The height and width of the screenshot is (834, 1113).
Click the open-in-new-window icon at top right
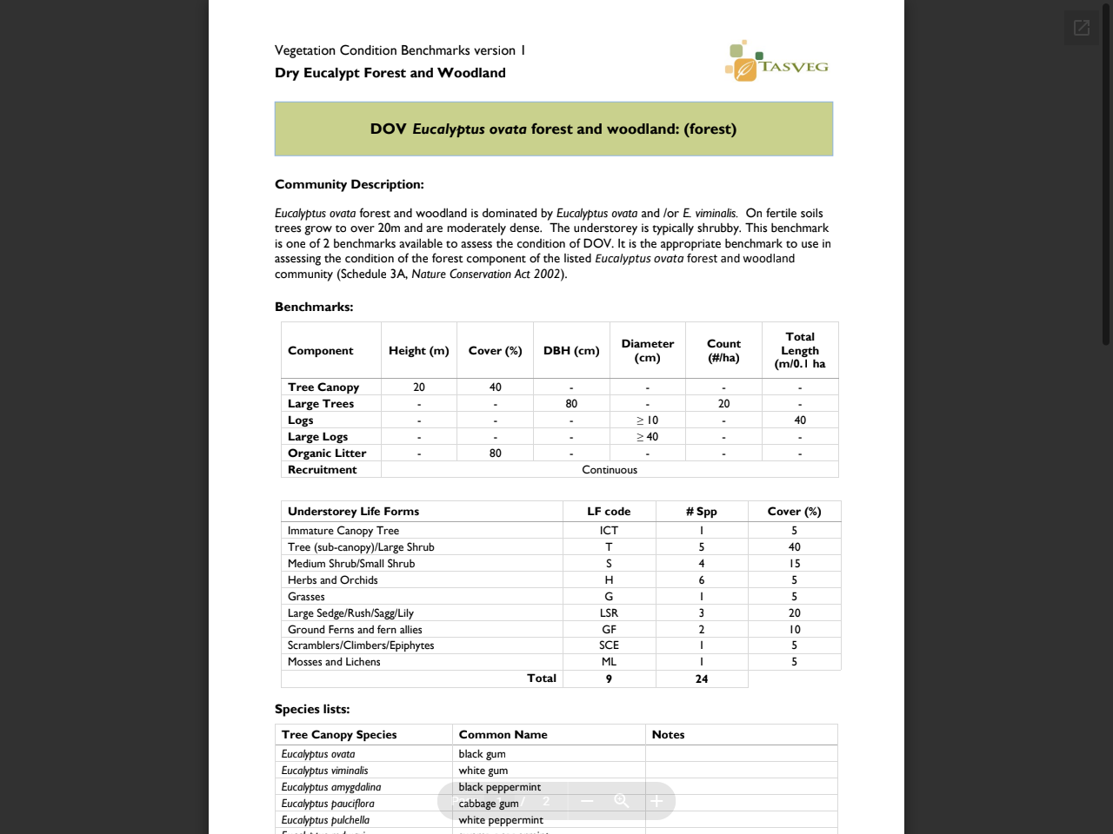[x=1081, y=28]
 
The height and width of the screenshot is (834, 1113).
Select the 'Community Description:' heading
[x=350, y=184]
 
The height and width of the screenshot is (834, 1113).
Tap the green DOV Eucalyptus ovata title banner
[x=553, y=129]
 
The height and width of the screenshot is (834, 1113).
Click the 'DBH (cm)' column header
[x=571, y=351]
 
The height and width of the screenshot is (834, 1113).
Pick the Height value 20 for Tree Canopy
[x=419, y=387]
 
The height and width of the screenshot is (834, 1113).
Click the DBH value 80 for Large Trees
[x=571, y=404]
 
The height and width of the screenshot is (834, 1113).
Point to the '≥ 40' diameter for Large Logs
[x=647, y=437]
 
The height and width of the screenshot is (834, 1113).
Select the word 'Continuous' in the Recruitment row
[x=610, y=470]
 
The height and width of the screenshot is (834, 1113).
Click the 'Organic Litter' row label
[x=327, y=453]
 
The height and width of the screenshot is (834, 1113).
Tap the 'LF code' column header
[x=609, y=512]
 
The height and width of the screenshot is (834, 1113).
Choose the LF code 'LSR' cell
[x=609, y=613]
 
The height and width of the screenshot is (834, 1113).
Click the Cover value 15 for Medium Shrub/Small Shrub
[x=794, y=564]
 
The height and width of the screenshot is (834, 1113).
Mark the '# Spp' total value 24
[x=702, y=679]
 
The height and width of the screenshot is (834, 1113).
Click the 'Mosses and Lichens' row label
[x=334, y=662]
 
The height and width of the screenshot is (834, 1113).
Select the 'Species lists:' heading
[x=312, y=709]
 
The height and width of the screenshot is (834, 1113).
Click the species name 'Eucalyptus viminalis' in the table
[x=324, y=771]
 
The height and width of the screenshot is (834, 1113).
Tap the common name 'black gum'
[x=482, y=754]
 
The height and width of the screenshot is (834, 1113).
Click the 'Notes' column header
[x=668, y=735]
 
